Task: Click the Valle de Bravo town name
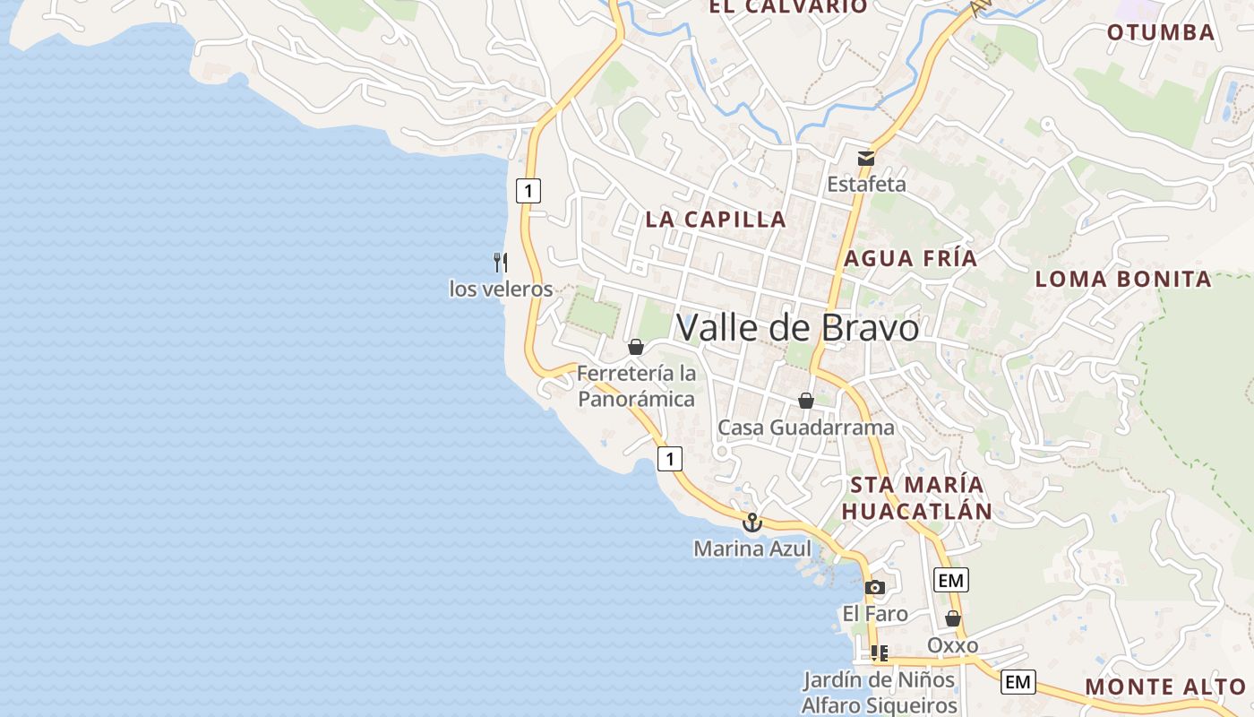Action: pos(797,328)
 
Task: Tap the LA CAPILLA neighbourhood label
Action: pos(716,219)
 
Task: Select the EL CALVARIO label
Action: pos(788,7)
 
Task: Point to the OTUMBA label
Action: pos(1161,33)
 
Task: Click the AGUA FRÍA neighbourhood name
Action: pos(911,259)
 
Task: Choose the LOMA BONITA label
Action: pos(1123,279)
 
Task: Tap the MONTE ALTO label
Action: pos(1165,687)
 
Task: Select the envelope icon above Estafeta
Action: pos(866,159)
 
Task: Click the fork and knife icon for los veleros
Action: pos(501,263)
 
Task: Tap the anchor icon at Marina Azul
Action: pos(752,522)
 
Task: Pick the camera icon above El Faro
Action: pos(875,588)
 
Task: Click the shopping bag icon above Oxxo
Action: pos(953,618)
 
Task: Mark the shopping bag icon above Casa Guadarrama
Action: pos(806,401)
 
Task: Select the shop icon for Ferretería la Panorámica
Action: pos(636,347)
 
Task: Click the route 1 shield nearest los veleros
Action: pos(528,190)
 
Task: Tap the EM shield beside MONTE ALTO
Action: pos(1018,682)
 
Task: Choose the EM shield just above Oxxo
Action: pos(950,581)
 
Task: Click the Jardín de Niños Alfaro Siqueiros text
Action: pos(879,692)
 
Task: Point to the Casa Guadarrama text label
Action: pos(806,428)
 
